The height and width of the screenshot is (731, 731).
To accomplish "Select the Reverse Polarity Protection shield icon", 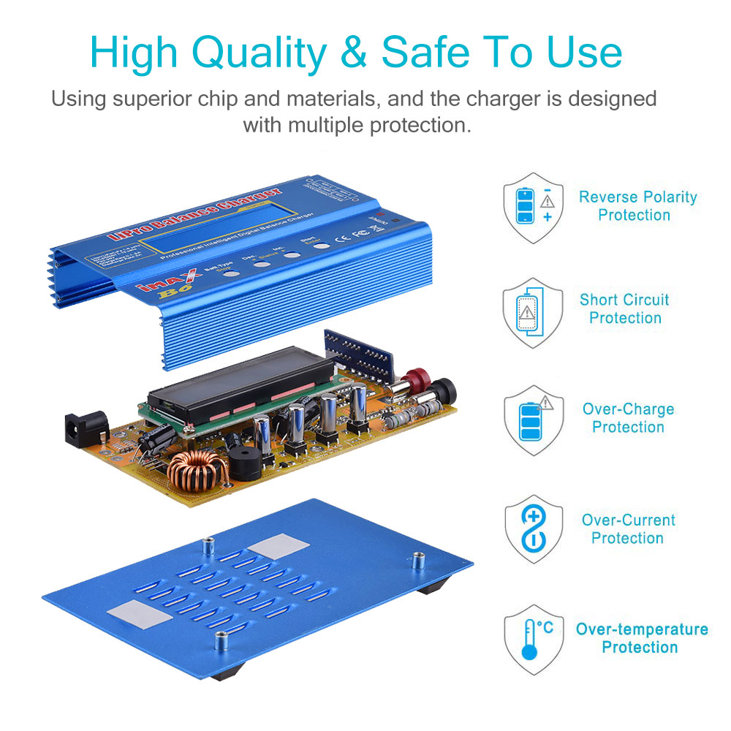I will pos(533,205).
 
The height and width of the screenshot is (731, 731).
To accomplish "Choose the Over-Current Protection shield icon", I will pos(533,529).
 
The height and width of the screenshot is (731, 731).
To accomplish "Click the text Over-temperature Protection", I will pos(641,638).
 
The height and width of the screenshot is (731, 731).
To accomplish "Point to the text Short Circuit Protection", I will pos(624,308).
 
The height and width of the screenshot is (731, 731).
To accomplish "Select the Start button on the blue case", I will pos(322,245).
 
